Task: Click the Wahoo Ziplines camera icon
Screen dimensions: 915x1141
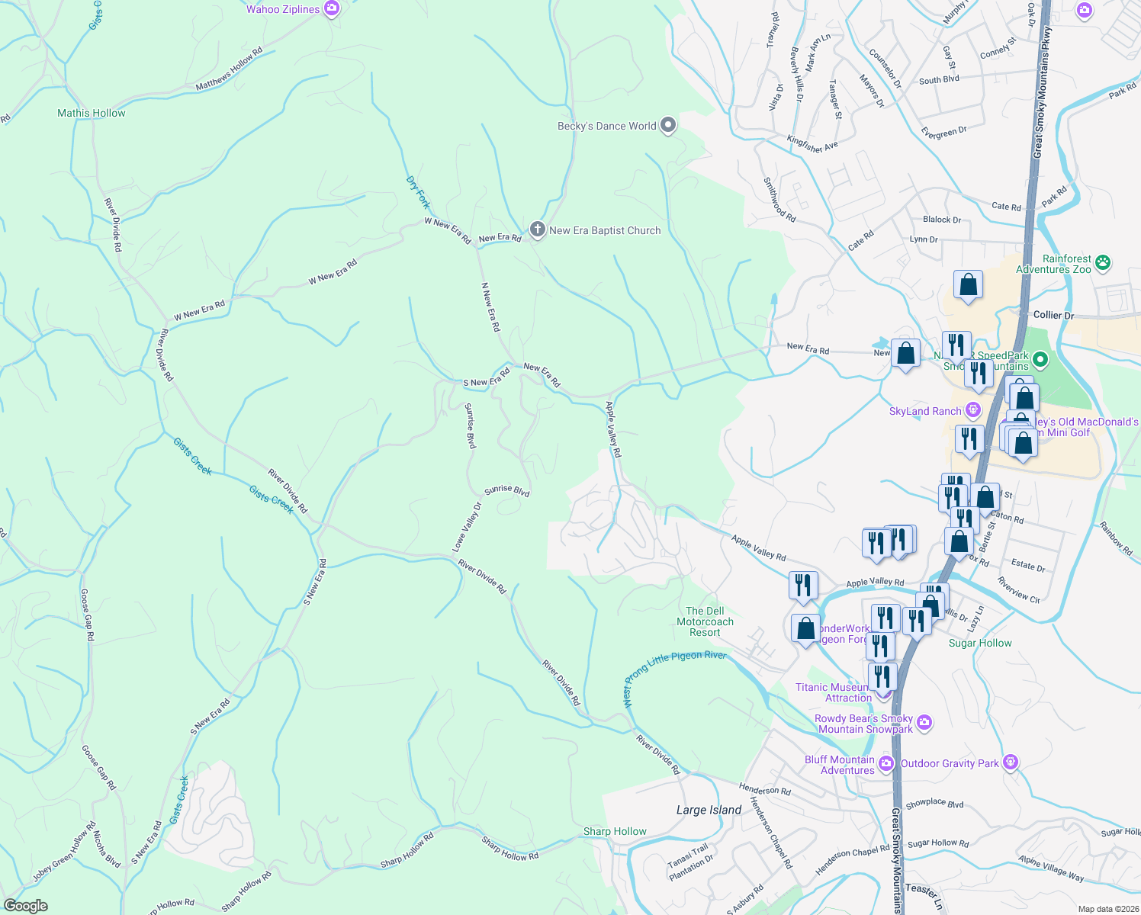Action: pyautogui.click(x=332, y=9)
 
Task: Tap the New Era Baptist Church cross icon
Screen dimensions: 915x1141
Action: pyautogui.click(x=538, y=230)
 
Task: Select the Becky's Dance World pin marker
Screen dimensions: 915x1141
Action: pyautogui.click(x=668, y=126)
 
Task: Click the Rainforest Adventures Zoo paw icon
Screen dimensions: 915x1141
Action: pyautogui.click(x=1103, y=263)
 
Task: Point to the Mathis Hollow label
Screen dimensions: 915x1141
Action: pyautogui.click(x=92, y=113)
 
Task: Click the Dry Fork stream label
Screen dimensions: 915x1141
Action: pyautogui.click(x=418, y=193)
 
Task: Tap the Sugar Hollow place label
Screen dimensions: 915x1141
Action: pyautogui.click(x=980, y=643)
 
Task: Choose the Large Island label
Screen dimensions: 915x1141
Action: pyautogui.click(x=709, y=810)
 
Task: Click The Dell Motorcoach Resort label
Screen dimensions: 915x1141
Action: pyautogui.click(x=705, y=621)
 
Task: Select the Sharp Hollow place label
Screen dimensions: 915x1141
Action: pyautogui.click(x=615, y=831)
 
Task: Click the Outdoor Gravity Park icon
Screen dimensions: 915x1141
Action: pyautogui.click(x=1011, y=762)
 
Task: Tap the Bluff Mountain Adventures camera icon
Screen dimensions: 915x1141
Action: pyautogui.click(x=886, y=763)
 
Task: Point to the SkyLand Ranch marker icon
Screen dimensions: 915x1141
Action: pyautogui.click(x=973, y=410)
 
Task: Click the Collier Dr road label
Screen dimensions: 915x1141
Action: pyautogui.click(x=1053, y=315)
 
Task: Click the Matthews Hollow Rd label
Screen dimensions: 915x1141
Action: pyautogui.click(x=229, y=69)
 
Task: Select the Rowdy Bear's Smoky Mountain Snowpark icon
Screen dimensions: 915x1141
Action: pyautogui.click(x=924, y=722)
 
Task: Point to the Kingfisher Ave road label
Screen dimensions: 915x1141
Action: pyautogui.click(x=812, y=143)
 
